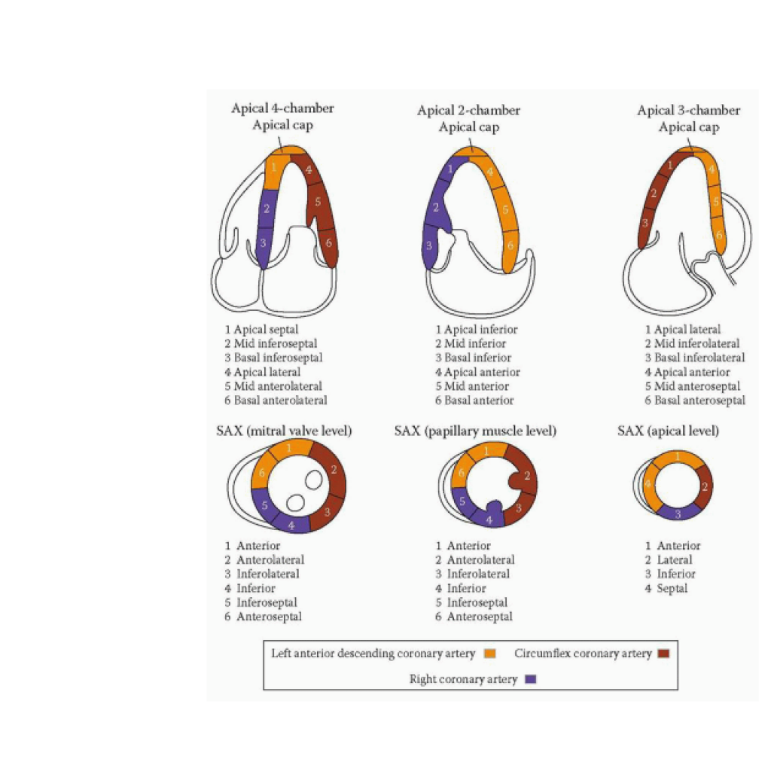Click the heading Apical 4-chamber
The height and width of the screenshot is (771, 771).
(x=282, y=108)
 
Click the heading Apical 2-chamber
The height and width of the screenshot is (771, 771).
(x=468, y=111)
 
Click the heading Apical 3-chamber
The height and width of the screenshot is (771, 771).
(x=688, y=111)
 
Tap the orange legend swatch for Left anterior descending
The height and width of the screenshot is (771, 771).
(x=490, y=654)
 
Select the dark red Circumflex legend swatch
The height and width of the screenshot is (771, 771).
(x=663, y=654)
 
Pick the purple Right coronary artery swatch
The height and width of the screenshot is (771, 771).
(x=531, y=679)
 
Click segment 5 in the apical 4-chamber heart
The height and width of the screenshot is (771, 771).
(x=318, y=202)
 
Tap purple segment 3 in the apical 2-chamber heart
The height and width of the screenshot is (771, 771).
(x=429, y=246)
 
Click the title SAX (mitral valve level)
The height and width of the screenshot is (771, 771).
(x=284, y=431)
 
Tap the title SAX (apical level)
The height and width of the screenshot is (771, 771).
(x=668, y=431)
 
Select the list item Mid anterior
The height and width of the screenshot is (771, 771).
(x=476, y=386)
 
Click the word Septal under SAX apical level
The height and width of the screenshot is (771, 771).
(x=672, y=588)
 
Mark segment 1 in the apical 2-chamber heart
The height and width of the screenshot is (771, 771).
(x=450, y=169)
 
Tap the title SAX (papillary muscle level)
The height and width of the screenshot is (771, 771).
(x=475, y=431)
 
